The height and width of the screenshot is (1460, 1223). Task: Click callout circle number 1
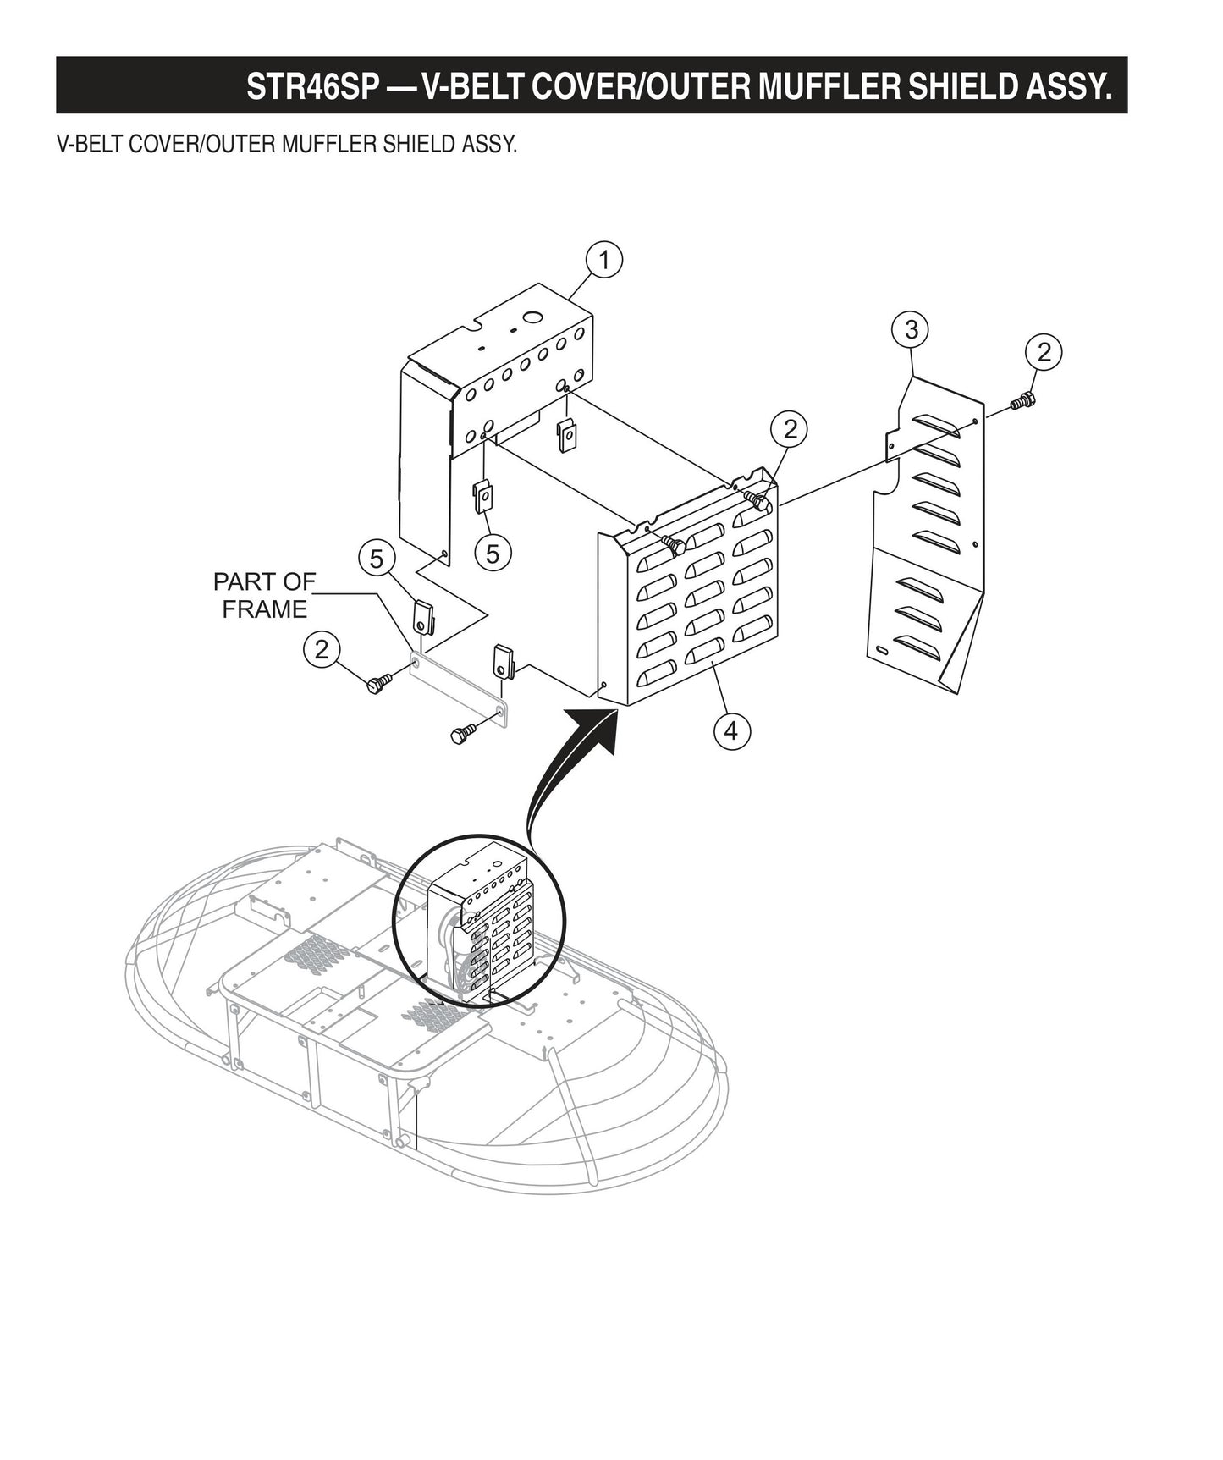(x=604, y=261)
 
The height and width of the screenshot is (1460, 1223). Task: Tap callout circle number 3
(x=911, y=330)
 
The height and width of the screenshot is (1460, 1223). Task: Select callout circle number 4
(x=731, y=730)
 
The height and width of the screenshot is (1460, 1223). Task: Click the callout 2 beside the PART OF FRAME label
(x=321, y=650)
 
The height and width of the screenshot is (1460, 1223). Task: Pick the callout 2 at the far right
(x=1044, y=351)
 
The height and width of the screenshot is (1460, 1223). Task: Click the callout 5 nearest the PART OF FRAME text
(x=377, y=559)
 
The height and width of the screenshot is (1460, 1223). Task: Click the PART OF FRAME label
(x=264, y=596)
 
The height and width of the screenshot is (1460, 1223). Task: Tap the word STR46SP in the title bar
(x=309, y=86)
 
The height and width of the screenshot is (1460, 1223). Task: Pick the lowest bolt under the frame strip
(x=464, y=734)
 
